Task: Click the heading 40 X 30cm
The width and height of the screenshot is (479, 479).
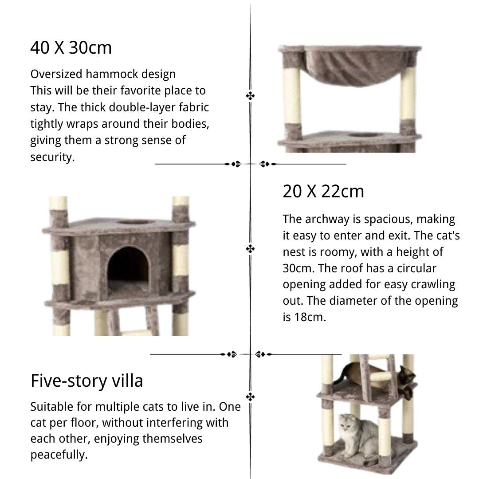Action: pyautogui.click(x=71, y=47)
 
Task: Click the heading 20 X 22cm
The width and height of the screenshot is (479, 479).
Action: pyautogui.click(x=323, y=191)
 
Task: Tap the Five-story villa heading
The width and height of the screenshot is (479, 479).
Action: pyautogui.click(x=87, y=381)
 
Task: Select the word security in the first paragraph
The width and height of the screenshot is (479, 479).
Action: pyautogui.click(x=52, y=157)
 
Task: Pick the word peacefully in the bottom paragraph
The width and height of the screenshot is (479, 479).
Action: pyautogui.click(x=59, y=455)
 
